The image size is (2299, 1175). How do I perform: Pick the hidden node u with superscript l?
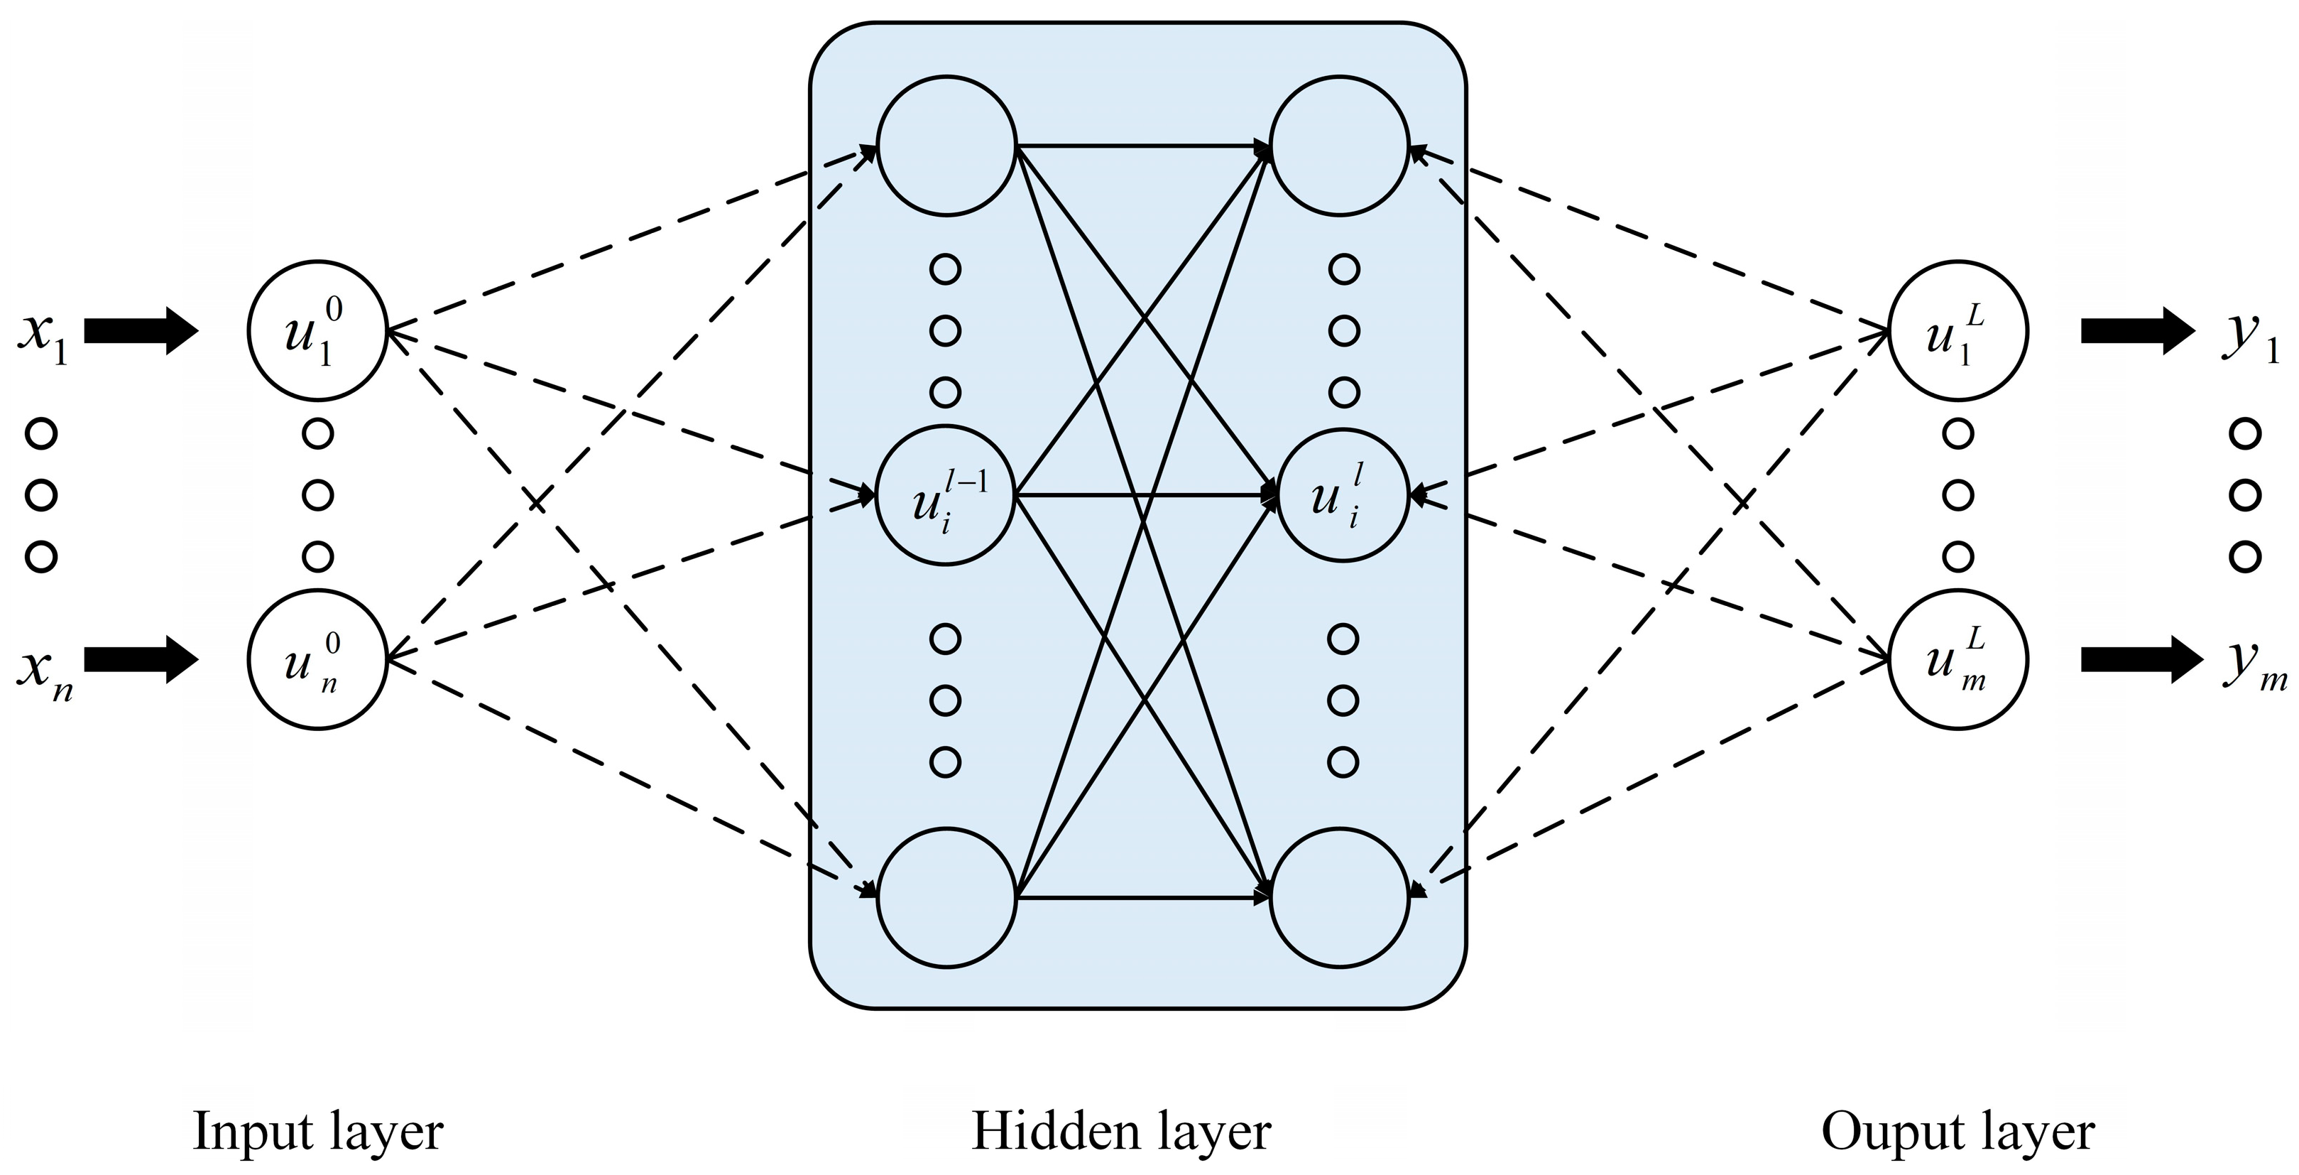coord(1340,496)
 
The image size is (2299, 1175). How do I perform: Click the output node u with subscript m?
coord(1958,660)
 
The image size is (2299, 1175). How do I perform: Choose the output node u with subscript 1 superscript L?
coord(1958,331)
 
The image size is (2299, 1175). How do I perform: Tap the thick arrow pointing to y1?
coord(2136,331)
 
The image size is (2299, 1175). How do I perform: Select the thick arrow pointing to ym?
coord(2136,660)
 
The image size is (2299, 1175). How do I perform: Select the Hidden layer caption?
coord(1121,1132)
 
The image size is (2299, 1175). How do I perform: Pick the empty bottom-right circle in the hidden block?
coord(1340,897)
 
